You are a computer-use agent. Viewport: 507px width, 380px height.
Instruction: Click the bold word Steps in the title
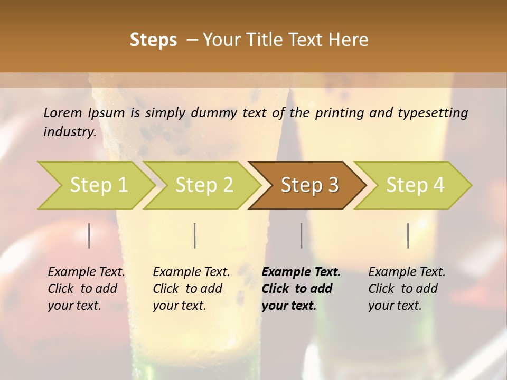click(153, 40)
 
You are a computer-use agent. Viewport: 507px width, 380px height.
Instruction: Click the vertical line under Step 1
click(89, 235)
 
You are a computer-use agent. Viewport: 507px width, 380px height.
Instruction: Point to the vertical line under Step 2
click(195, 235)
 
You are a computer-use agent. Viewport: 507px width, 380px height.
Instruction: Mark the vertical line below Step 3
click(301, 235)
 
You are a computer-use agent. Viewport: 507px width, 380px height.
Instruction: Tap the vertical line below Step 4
click(408, 235)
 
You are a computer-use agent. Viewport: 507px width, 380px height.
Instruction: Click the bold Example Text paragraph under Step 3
click(301, 289)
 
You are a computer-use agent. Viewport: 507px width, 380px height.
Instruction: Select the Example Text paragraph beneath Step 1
click(86, 289)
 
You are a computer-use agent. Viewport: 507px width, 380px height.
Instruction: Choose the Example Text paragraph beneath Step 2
click(191, 289)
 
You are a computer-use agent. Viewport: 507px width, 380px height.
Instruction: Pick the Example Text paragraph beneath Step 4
click(407, 289)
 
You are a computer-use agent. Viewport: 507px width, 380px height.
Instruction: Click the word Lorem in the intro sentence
click(63, 112)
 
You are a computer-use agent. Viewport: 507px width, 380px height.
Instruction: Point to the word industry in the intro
click(69, 131)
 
